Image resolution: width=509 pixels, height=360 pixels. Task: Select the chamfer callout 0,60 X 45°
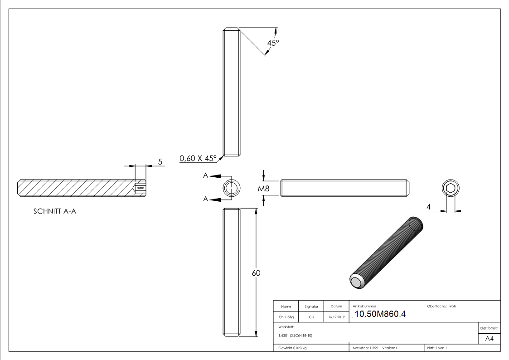[198, 158]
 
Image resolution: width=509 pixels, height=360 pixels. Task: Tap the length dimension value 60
[256, 273]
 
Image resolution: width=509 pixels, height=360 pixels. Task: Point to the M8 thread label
[264, 189]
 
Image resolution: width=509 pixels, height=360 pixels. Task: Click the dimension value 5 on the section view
[160, 161]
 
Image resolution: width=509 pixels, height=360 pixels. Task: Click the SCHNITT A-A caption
[55, 211]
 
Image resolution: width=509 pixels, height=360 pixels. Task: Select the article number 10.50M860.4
[379, 314]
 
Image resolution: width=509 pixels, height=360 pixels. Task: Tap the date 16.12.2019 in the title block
[336, 317]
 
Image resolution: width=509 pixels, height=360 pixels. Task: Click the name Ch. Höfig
[286, 317]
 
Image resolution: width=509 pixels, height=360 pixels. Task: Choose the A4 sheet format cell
[490, 339]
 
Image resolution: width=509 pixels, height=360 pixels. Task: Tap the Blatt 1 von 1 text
[436, 348]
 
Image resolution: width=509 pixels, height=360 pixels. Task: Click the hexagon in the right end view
[450, 189]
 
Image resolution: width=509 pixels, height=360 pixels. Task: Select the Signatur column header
[311, 306]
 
